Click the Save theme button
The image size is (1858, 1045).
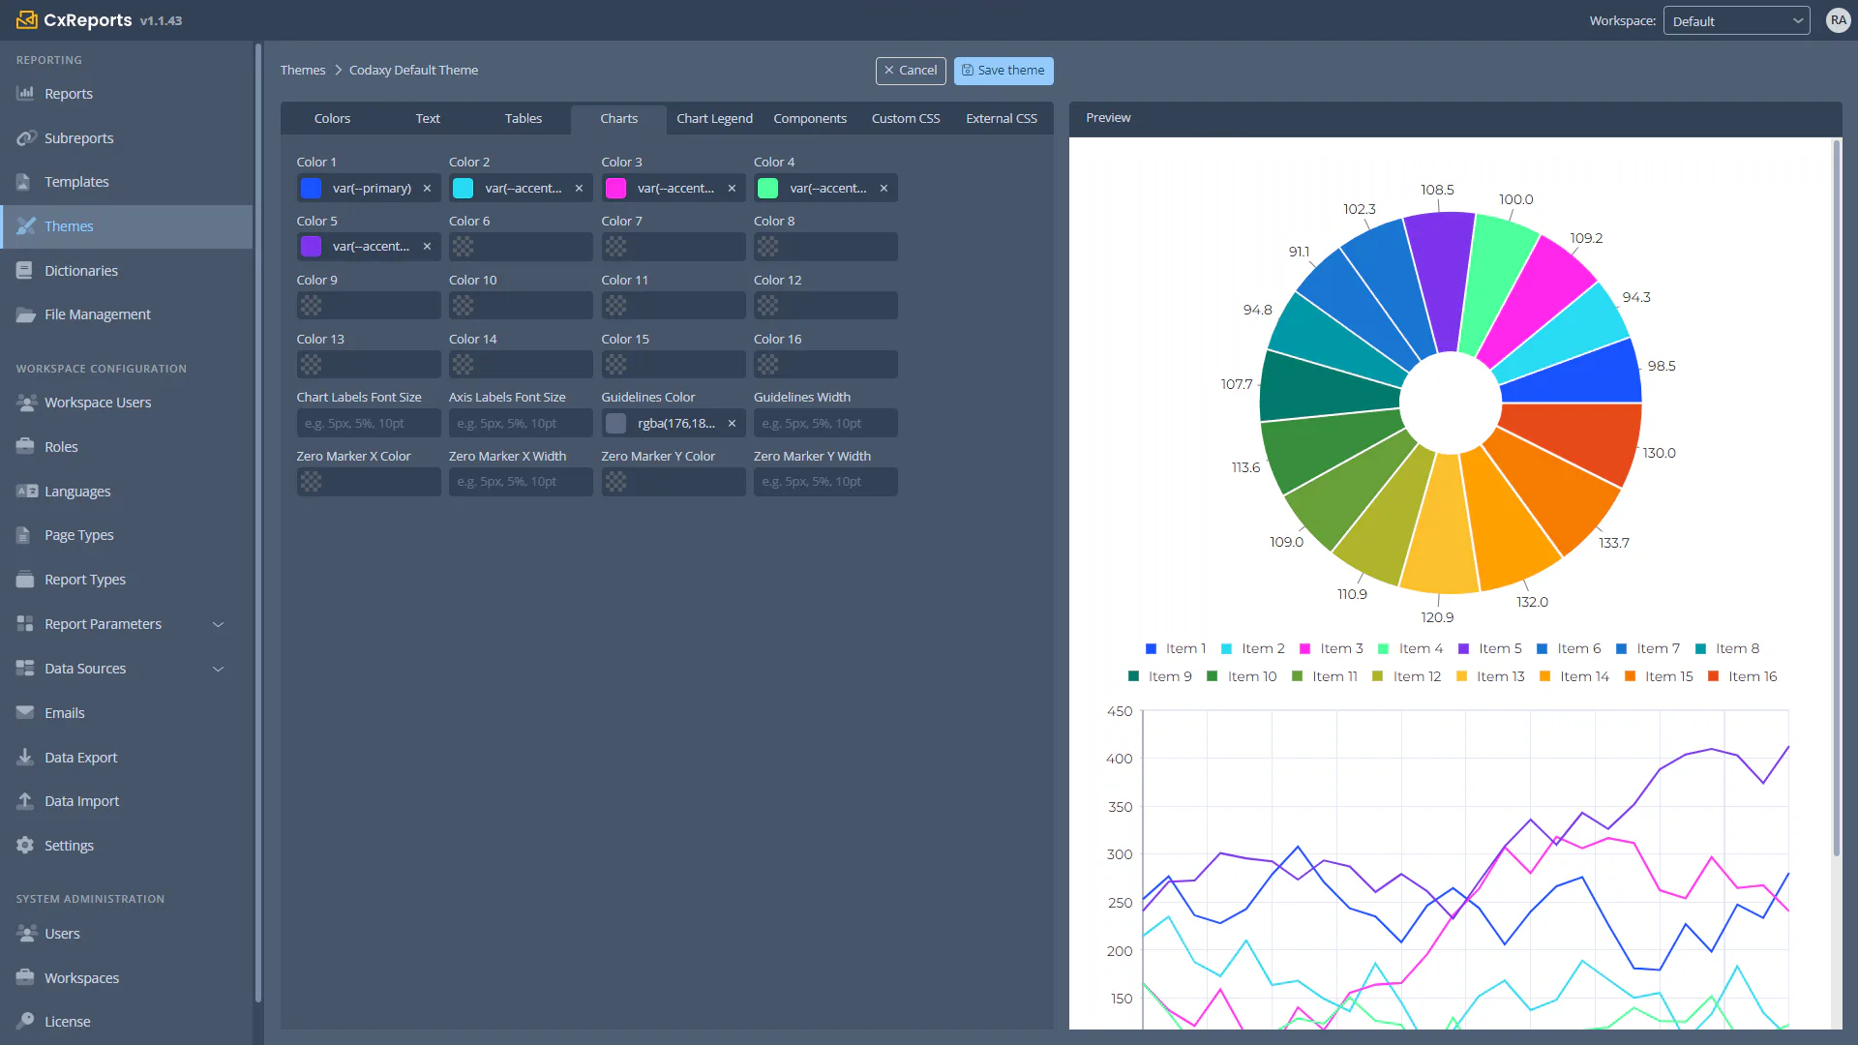click(1004, 71)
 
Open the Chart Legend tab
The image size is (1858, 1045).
click(714, 119)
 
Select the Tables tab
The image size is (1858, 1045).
click(524, 119)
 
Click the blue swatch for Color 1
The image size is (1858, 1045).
click(311, 189)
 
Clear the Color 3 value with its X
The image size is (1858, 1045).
click(732, 189)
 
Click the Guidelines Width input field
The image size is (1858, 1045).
click(825, 424)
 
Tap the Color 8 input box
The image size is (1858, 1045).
click(825, 247)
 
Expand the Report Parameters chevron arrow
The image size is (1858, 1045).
click(219, 624)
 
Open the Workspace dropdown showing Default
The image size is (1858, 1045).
click(1737, 21)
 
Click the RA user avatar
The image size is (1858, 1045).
click(1838, 20)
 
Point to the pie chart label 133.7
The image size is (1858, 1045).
click(1614, 543)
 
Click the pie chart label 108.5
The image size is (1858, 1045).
click(1437, 190)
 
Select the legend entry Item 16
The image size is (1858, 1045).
click(1743, 676)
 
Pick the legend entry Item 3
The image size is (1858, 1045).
click(1332, 648)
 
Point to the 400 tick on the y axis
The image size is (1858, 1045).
click(1119, 759)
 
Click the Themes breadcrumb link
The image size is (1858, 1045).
click(303, 71)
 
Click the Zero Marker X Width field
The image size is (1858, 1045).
click(521, 482)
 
